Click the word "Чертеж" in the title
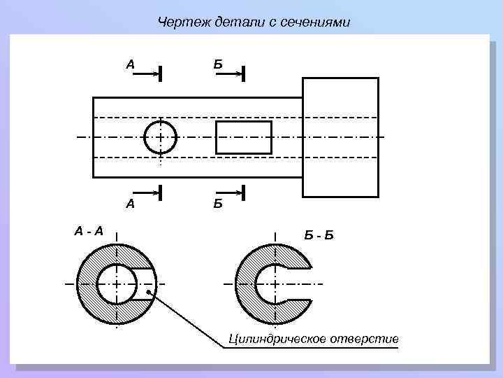[x=179, y=23]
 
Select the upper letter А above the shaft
[x=130, y=64]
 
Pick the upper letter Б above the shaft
[x=218, y=64]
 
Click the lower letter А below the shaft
[x=130, y=204]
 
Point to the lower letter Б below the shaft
[x=218, y=204]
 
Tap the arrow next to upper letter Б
[x=228, y=73]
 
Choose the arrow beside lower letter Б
[x=228, y=191]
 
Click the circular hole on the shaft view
[x=160, y=136]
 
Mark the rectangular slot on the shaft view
[x=244, y=137]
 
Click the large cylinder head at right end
[x=340, y=137]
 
